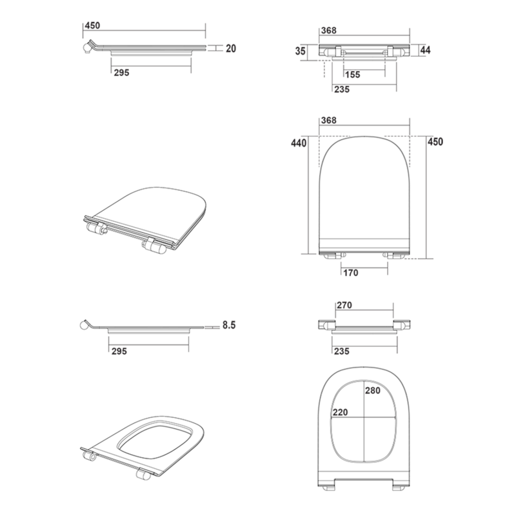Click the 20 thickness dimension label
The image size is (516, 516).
pos(231,48)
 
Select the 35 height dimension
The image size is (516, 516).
pos(300,51)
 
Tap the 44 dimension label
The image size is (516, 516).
pos(425,50)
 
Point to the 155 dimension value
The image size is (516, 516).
pos(353,75)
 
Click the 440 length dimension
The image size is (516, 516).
pos(299,143)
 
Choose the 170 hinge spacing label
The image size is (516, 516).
pos(351,272)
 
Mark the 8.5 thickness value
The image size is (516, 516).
pos(229,325)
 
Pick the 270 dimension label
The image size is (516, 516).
pos(344,305)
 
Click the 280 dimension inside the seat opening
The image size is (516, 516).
pos(373,390)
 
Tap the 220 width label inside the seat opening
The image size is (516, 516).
pos(340,412)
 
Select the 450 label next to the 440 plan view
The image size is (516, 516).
pos(435,141)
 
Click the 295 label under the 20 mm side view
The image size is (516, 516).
pos(122,72)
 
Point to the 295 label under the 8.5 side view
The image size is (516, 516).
pos(119,351)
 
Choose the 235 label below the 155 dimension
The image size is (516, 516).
pos(342,89)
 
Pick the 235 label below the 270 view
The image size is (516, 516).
pos(342,351)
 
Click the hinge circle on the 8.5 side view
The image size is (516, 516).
pos(84,326)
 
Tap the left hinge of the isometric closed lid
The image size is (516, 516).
pos(95,228)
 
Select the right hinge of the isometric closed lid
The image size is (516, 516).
pos(154,246)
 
